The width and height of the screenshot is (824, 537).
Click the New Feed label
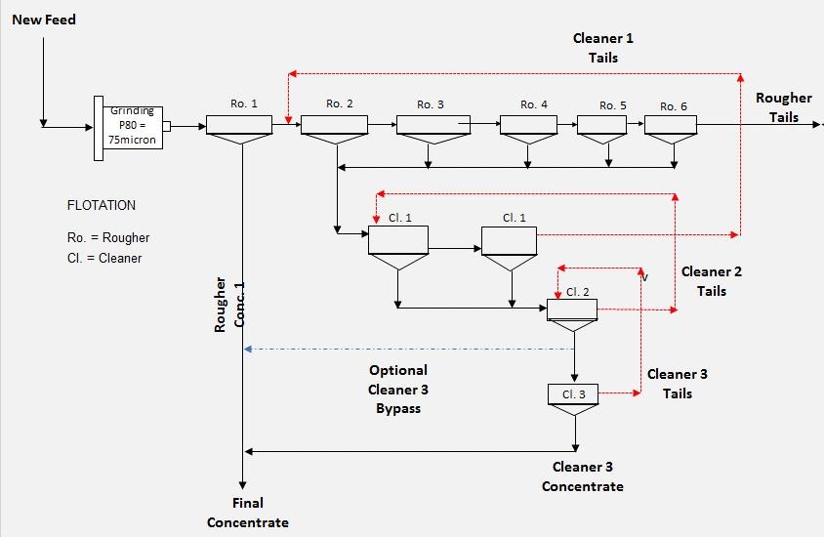(x=44, y=20)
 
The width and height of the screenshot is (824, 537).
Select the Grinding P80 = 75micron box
(x=133, y=128)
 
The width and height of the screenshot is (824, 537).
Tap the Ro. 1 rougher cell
(x=239, y=130)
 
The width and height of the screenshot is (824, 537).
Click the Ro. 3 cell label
(x=431, y=104)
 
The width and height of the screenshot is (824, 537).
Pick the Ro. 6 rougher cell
(x=671, y=130)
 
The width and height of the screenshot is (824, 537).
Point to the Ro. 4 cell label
(x=534, y=104)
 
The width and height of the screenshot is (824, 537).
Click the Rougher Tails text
(x=784, y=107)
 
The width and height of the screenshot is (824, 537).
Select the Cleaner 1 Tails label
(x=603, y=48)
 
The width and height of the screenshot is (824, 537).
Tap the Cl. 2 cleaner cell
(x=572, y=314)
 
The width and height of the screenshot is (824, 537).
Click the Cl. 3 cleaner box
(x=573, y=399)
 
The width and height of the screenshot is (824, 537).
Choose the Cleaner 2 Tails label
(x=712, y=281)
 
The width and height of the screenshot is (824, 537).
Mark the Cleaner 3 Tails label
(x=678, y=384)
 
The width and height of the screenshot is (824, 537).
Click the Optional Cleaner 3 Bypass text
(x=398, y=390)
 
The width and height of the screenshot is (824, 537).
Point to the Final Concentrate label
(x=248, y=513)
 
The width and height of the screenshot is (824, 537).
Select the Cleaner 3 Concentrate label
(x=583, y=476)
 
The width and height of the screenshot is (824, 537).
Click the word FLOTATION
(x=102, y=205)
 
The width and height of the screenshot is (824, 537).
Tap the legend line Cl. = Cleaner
(x=104, y=259)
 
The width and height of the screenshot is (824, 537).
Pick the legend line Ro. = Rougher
(x=108, y=238)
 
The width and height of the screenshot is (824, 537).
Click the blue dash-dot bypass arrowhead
(x=248, y=349)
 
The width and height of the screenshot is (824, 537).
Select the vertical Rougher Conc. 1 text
(x=229, y=305)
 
